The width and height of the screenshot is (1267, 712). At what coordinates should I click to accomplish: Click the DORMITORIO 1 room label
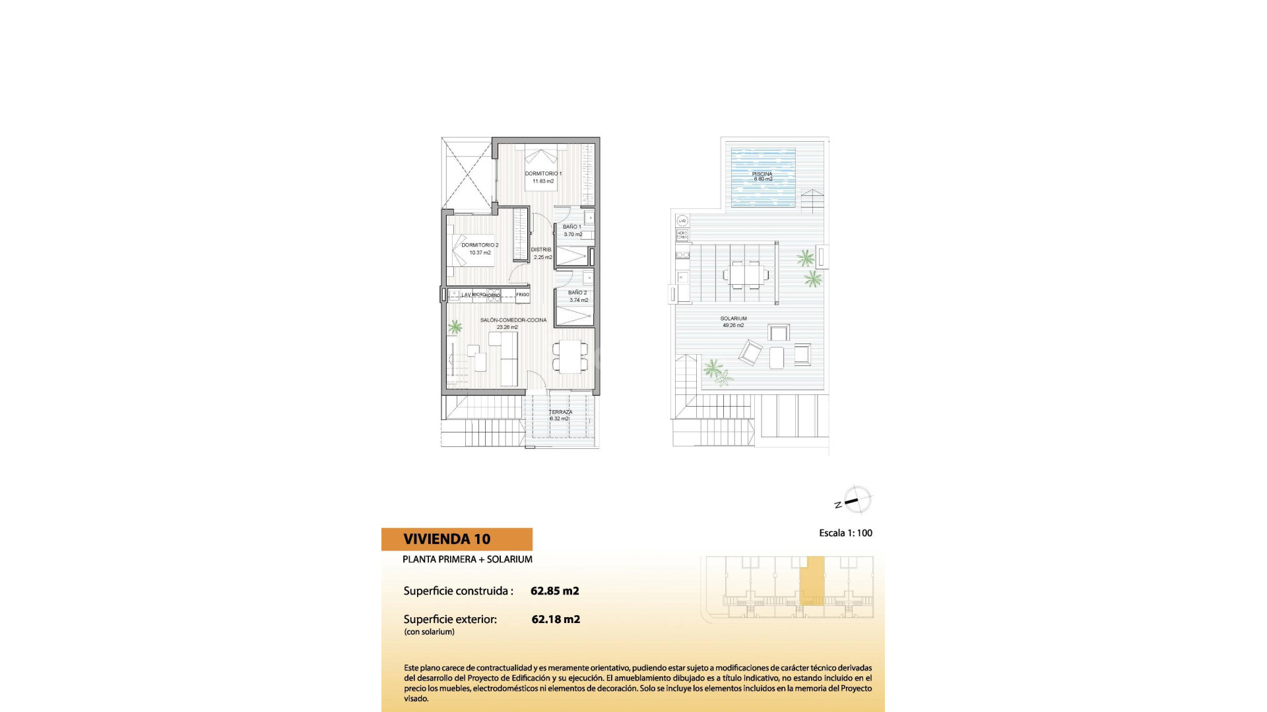click(543, 174)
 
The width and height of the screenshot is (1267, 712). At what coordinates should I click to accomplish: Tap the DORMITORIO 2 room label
click(480, 245)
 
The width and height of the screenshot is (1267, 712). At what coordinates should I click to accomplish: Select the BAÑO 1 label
click(572, 227)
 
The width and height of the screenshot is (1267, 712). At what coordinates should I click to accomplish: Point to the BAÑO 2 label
click(577, 293)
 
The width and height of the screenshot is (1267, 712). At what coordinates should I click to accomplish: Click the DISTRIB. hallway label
click(541, 250)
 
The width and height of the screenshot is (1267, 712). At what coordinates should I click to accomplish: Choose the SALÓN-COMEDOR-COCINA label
click(513, 320)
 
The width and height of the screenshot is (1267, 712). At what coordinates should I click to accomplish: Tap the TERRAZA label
click(561, 412)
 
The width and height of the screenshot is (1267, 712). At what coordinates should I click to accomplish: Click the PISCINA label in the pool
click(762, 175)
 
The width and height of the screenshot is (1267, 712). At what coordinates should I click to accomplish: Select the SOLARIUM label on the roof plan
click(733, 319)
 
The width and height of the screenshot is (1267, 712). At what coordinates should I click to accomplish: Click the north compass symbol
click(856, 500)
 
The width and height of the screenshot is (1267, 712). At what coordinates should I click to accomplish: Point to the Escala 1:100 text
click(845, 533)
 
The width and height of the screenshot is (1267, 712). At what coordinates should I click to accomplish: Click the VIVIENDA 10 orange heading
click(447, 539)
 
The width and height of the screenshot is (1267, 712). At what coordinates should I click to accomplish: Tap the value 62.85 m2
click(554, 591)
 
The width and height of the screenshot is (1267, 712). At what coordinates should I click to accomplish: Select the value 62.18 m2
click(556, 620)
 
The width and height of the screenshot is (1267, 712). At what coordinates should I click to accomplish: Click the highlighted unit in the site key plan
click(812, 580)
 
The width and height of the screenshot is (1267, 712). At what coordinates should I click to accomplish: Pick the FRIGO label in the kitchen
click(523, 295)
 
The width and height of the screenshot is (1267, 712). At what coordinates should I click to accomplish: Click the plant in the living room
click(455, 326)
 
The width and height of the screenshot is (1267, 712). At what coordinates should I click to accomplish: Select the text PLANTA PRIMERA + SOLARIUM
click(467, 560)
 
